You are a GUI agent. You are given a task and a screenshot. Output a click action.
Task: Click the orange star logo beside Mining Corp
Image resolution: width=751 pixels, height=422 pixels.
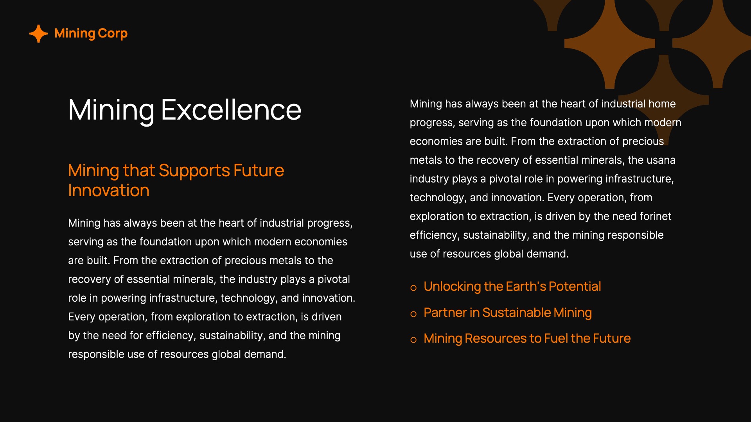(x=38, y=34)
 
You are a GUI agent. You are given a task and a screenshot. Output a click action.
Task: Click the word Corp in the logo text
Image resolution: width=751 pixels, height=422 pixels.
(x=113, y=34)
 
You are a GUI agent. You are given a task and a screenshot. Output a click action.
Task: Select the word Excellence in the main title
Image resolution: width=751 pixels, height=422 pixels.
(x=231, y=110)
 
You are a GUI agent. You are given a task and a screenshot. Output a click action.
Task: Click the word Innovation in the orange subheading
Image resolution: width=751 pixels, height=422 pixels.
(x=109, y=191)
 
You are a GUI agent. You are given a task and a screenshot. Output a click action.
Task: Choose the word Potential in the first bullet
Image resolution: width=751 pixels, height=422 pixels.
(x=575, y=287)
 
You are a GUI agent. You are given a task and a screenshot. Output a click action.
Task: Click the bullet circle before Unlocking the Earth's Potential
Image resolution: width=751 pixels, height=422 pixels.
(x=413, y=288)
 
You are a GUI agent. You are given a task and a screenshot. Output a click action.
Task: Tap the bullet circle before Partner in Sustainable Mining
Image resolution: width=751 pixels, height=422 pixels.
(x=413, y=314)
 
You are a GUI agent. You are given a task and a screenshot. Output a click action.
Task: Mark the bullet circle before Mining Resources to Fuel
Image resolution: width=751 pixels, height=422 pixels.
(x=413, y=340)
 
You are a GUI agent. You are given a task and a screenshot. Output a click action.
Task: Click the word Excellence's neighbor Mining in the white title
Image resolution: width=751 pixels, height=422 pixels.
(x=111, y=110)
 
